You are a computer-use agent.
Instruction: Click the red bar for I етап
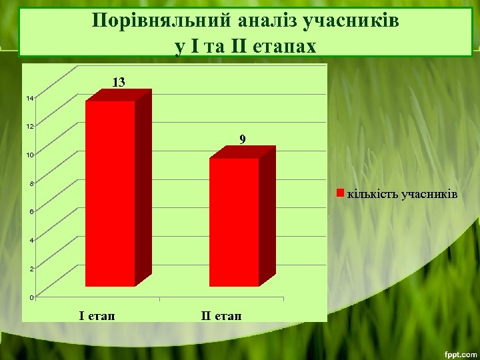110,193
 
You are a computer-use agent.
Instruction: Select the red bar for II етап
233,222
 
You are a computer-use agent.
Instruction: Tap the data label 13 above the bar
118,82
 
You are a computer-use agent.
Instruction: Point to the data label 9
243,139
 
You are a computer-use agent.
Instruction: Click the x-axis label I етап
97,315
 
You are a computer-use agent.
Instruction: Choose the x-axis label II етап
222,315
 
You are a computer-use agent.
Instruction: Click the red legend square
340,194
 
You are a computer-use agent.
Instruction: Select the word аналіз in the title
262,21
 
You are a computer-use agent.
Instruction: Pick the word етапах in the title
283,46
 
